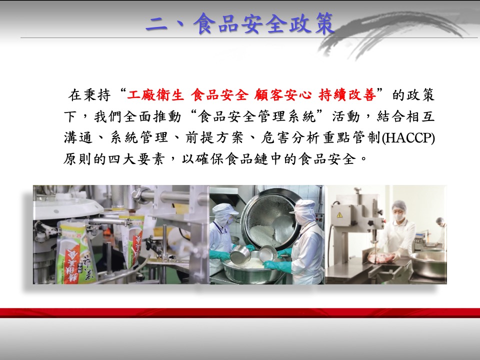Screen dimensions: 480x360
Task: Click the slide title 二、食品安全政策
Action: (239, 23)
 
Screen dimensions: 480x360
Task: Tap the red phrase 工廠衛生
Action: (156, 95)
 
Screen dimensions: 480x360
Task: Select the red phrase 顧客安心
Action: (283, 95)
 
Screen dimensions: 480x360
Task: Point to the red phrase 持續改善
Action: (347, 95)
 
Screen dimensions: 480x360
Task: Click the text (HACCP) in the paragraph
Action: (408, 138)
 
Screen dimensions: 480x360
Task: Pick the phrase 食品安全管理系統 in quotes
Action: (257, 116)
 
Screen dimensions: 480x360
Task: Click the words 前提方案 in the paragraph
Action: (214, 138)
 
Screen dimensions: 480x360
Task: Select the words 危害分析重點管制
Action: (320, 138)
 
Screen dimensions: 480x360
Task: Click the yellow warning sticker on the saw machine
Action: (339, 215)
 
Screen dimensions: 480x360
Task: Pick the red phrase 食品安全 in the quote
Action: (219, 95)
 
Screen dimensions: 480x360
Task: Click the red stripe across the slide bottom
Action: (240, 313)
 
